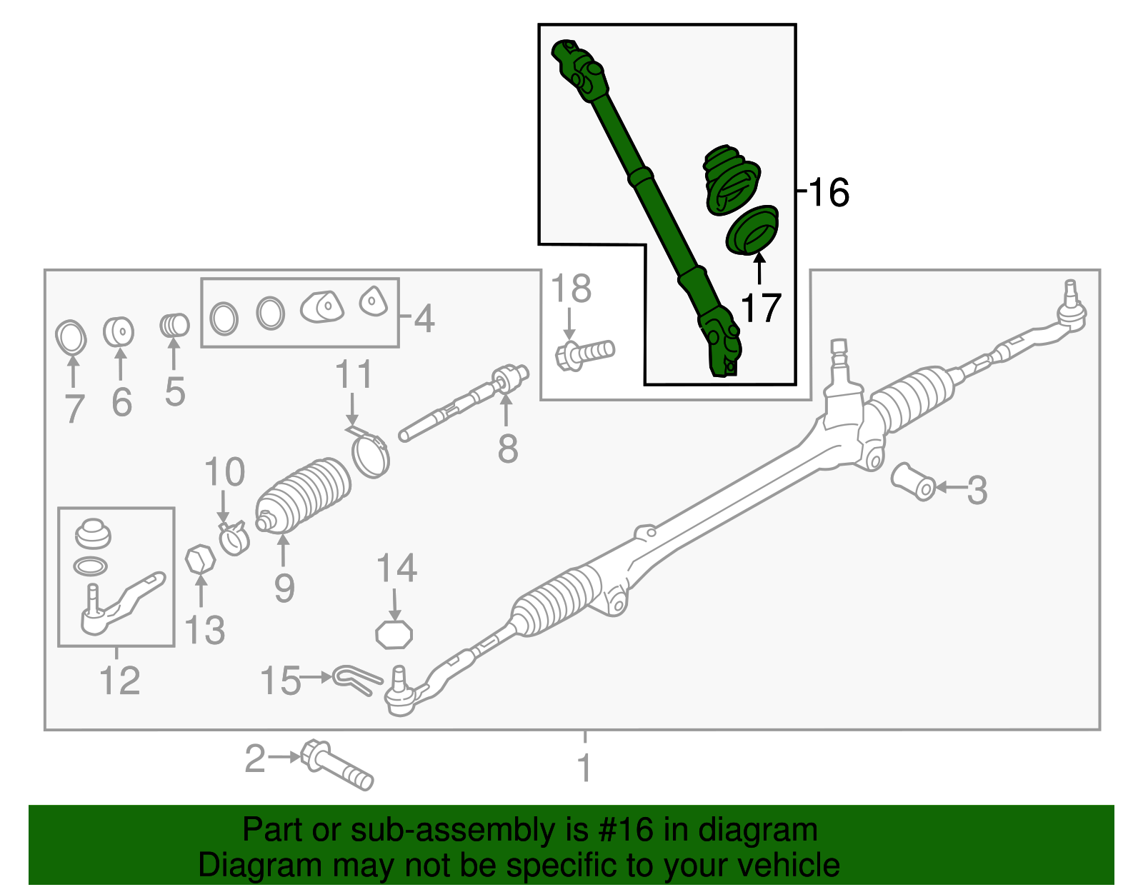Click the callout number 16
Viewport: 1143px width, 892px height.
coord(829,193)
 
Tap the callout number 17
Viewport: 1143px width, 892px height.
coord(760,309)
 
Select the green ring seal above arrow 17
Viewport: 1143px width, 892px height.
coord(752,230)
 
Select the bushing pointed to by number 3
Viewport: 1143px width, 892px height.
coord(913,481)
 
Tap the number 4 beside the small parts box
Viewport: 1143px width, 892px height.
coord(424,319)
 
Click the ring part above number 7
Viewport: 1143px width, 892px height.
coord(71,337)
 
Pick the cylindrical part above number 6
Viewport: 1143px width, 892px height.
coord(119,331)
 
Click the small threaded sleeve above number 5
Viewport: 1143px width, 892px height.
coord(174,325)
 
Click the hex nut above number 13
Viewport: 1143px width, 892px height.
coord(201,560)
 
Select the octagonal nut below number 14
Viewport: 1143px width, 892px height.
coord(394,633)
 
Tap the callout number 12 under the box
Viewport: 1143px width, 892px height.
coord(119,681)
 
